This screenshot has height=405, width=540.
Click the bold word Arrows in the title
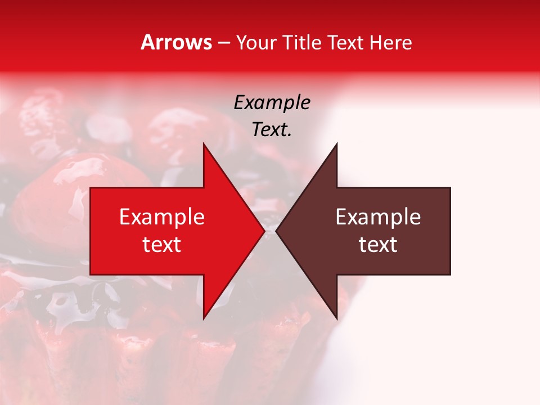point(177,42)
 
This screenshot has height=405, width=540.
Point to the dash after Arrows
point(223,43)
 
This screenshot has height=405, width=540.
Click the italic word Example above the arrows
point(272,103)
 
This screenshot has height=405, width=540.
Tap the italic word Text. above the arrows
point(271,130)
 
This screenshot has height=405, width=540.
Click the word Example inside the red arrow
point(162,217)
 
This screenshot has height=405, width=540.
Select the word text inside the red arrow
point(162,245)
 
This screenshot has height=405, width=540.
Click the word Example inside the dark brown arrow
point(378,217)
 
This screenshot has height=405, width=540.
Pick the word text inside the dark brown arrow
point(378,245)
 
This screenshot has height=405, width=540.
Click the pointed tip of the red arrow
point(264,231)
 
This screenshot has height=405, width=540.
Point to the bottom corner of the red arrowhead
point(204,319)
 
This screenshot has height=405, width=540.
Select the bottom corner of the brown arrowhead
point(336,319)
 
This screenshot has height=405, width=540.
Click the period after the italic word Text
point(290,136)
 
